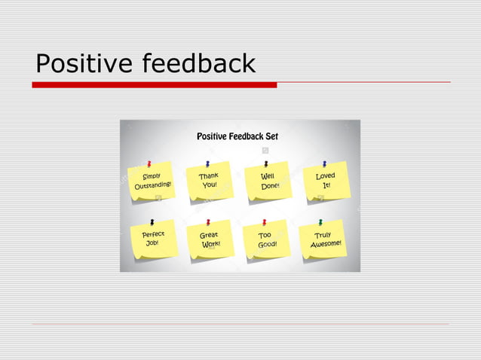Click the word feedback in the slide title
tap(199, 64)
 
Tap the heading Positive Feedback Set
tap(237, 136)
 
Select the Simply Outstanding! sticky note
tap(152, 182)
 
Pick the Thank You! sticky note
tap(209, 182)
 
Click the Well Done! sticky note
tap(269, 182)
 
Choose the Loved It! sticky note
tap(326, 181)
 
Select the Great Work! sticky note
tap(210, 240)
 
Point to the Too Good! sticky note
tap(268, 240)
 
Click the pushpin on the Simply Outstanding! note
tap(149, 163)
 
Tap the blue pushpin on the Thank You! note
tap(207, 163)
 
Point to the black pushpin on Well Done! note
tap(265, 163)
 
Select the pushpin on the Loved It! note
tap(324, 163)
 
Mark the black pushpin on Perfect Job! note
tap(152, 222)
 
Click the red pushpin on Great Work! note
tap(208, 222)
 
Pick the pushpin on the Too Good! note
tap(265, 222)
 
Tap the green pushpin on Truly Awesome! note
tap(320, 222)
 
